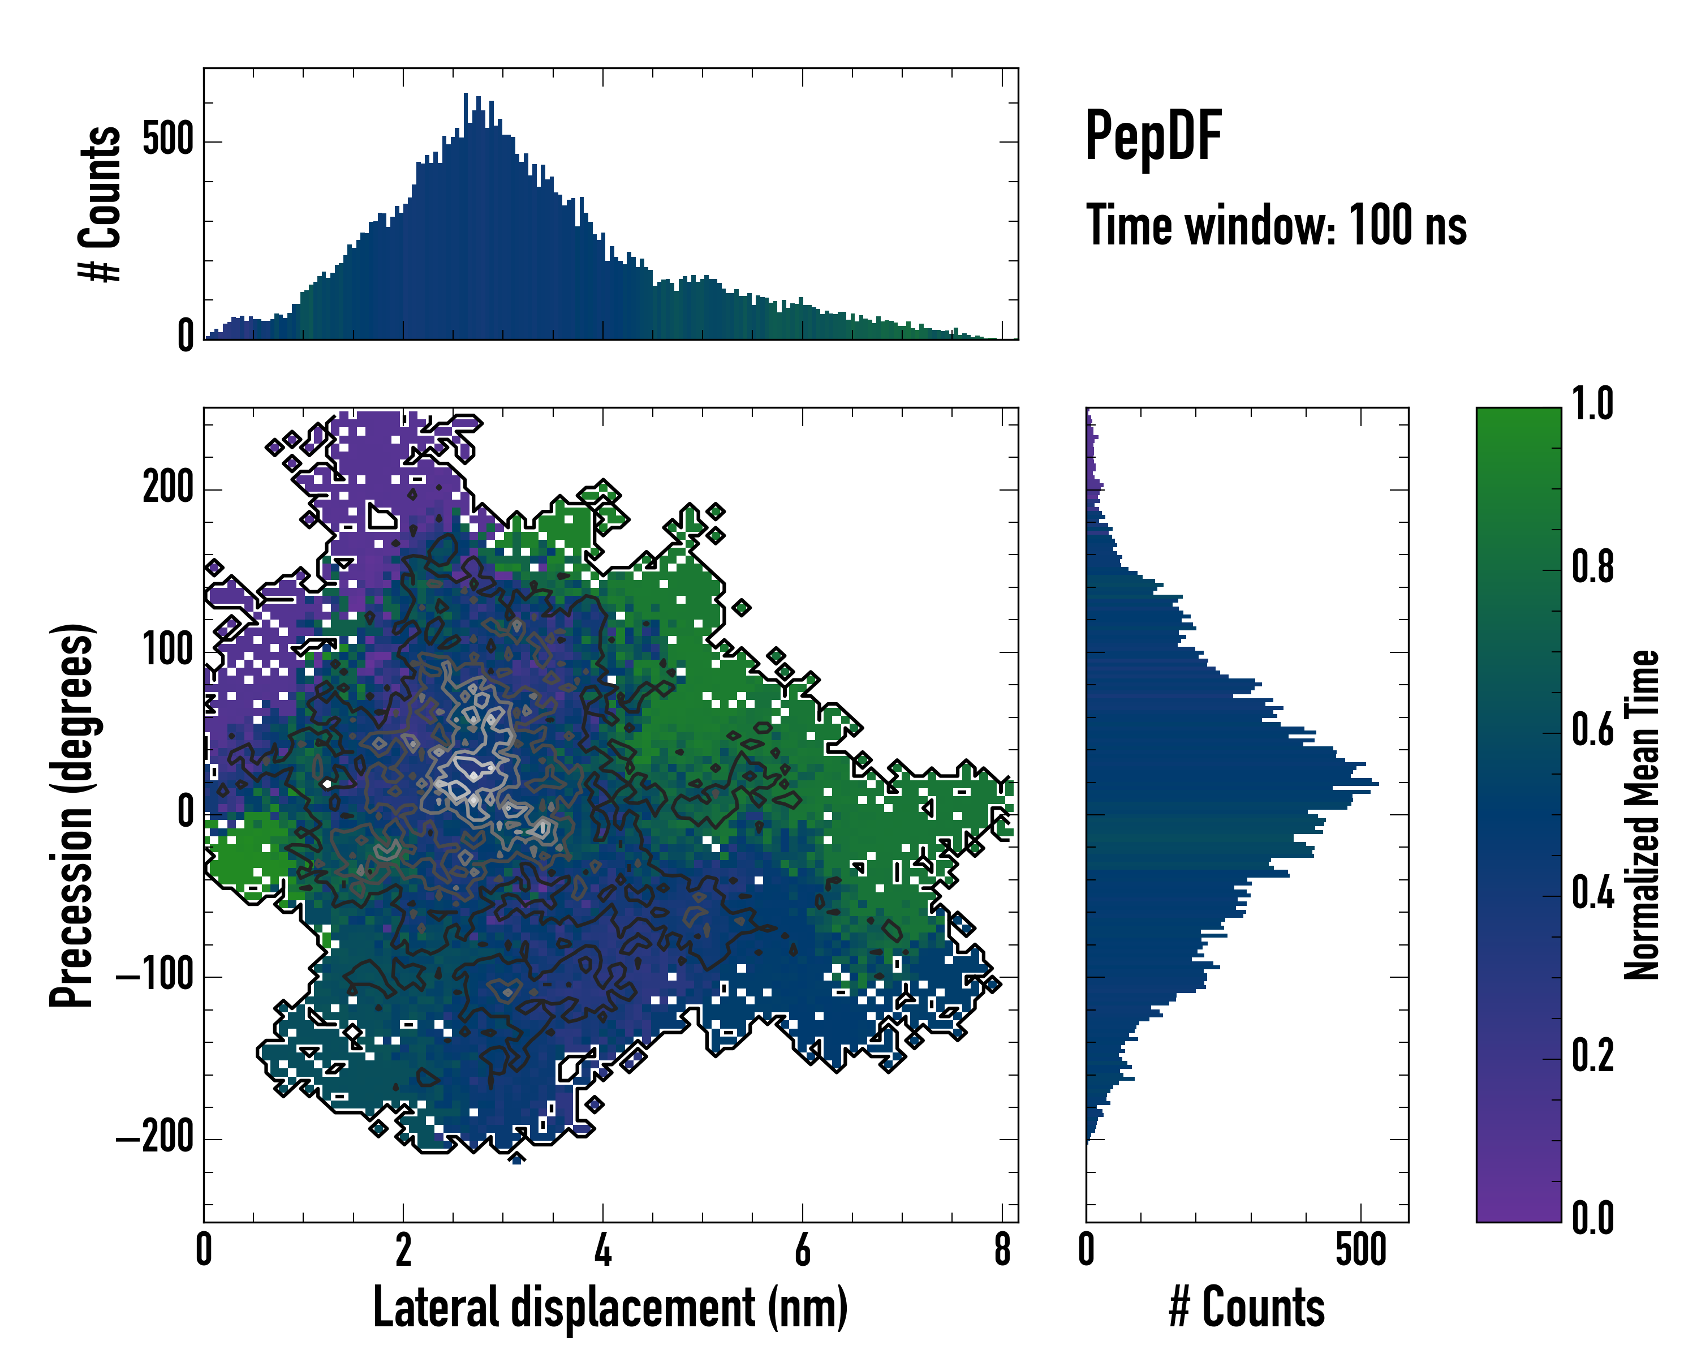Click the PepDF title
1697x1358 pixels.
tap(1153, 137)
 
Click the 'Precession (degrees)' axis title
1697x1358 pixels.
tap(72, 815)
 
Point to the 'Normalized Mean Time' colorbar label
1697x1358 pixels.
tap(1642, 815)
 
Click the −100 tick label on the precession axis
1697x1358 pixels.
tap(155, 976)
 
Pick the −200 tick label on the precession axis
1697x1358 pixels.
tap(155, 1138)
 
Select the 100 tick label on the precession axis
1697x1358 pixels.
tap(167, 651)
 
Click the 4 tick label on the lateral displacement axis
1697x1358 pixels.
tap(603, 1250)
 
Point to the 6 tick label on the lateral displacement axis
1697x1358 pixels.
tap(802, 1250)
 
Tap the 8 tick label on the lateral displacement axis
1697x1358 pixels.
tap(1002, 1250)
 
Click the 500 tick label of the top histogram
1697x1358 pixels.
tap(167, 141)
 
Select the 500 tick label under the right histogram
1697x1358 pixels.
tap(1361, 1250)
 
